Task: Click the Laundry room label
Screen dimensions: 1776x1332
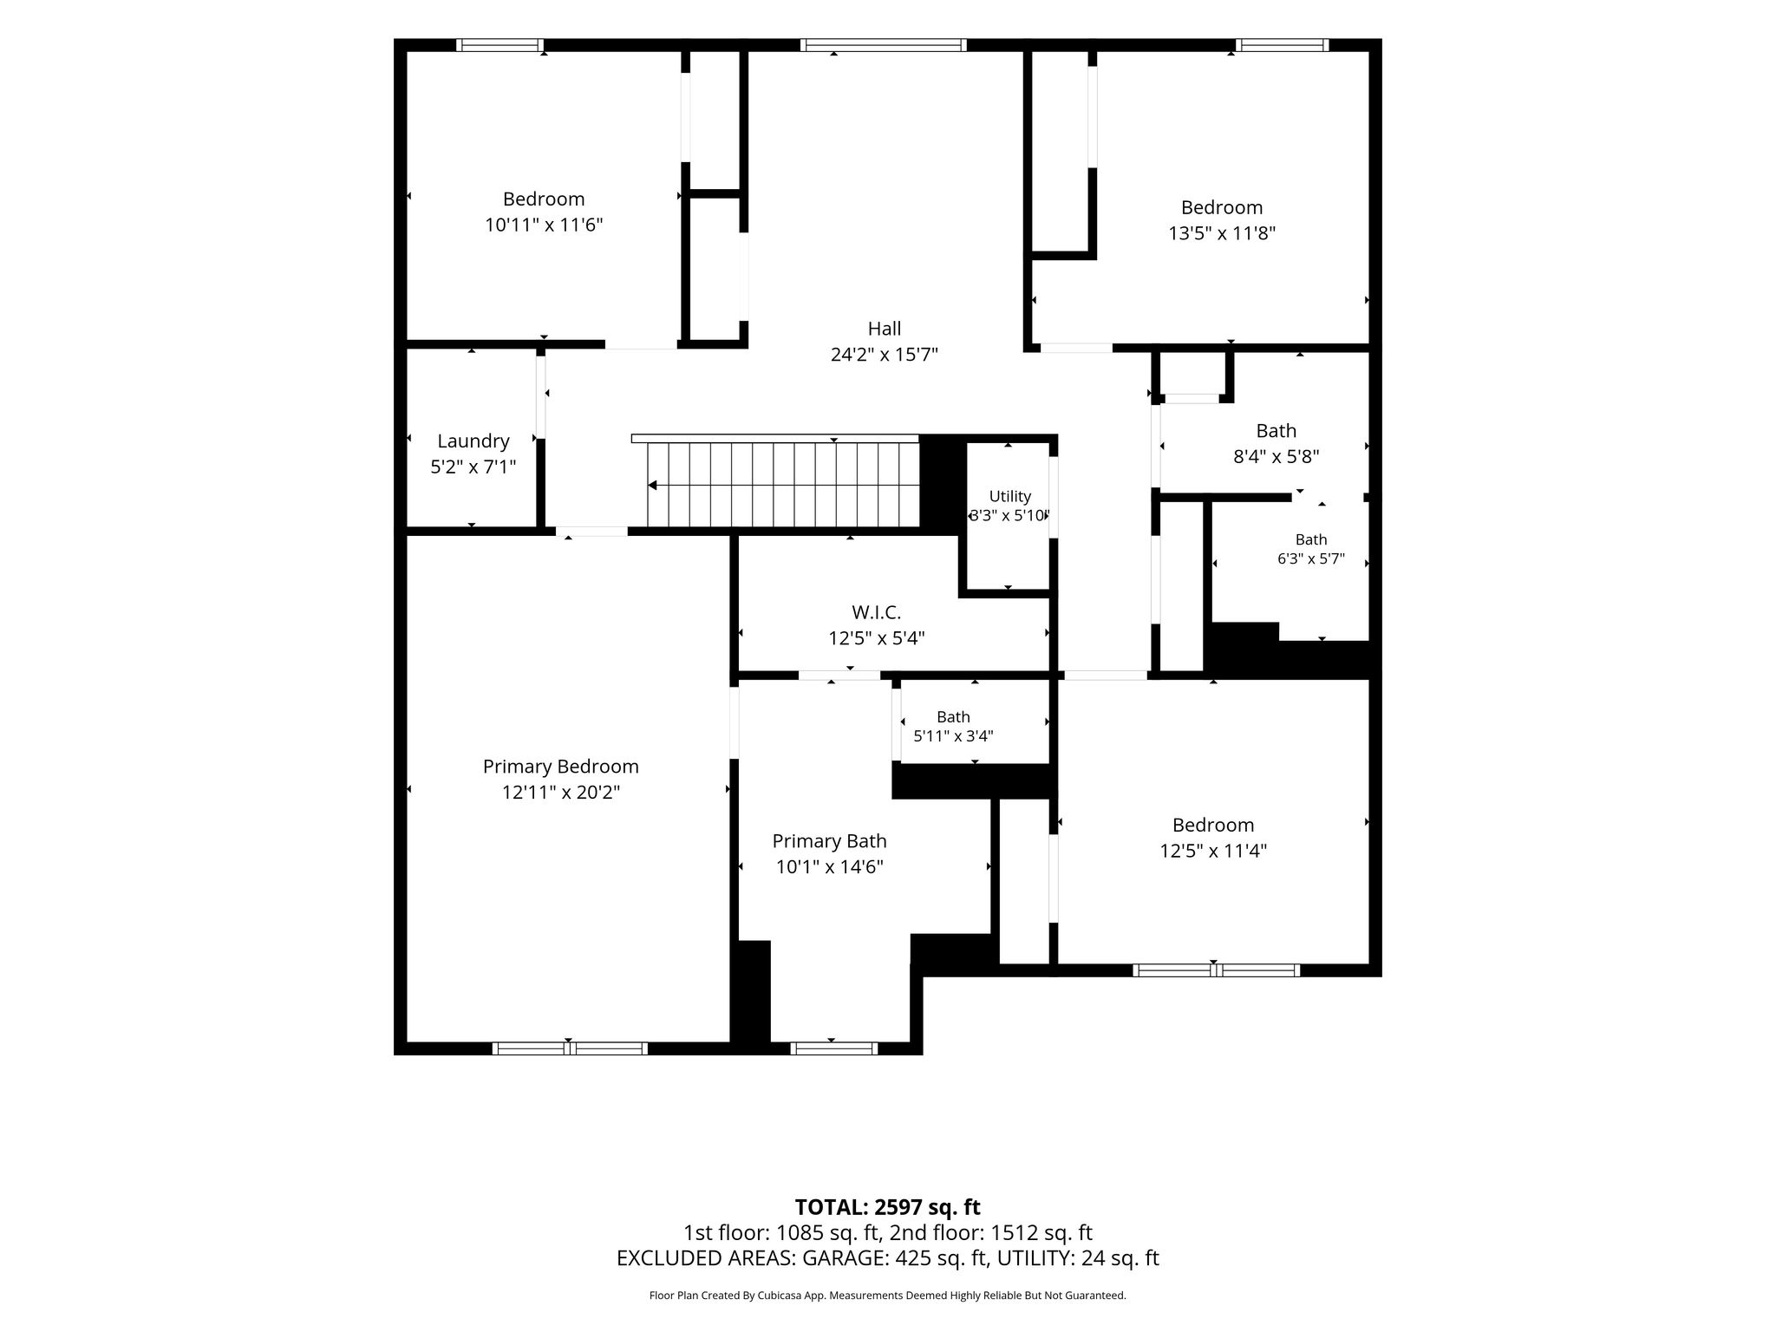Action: (473, 441)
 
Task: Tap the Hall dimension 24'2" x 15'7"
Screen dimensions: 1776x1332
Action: (885, 355)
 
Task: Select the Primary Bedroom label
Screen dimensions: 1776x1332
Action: (560, 767)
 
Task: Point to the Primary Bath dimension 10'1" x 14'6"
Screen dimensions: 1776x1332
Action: (830, 866)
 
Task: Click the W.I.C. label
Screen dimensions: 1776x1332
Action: (876, 612)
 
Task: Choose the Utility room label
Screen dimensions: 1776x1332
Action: (1010, 496)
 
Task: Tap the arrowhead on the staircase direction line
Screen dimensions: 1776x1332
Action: (652, 485)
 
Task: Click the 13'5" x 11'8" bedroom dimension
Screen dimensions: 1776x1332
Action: (1222, 233)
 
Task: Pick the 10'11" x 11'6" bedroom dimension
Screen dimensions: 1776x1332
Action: (544, 225)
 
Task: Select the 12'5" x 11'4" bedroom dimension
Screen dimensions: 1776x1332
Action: (1213, 851)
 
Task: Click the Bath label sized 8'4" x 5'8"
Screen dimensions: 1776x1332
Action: (1276, 431)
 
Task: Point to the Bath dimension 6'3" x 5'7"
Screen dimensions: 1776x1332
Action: (1311, 559)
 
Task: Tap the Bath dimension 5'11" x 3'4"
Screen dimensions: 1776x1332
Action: (953, 736)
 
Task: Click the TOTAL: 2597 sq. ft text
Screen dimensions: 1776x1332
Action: (887, 1207)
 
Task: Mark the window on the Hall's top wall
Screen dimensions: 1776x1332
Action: (883, 45)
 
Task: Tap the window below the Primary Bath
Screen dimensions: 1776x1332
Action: (833, 1048)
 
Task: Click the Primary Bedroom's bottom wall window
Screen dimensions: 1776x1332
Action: (570, 1048)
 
